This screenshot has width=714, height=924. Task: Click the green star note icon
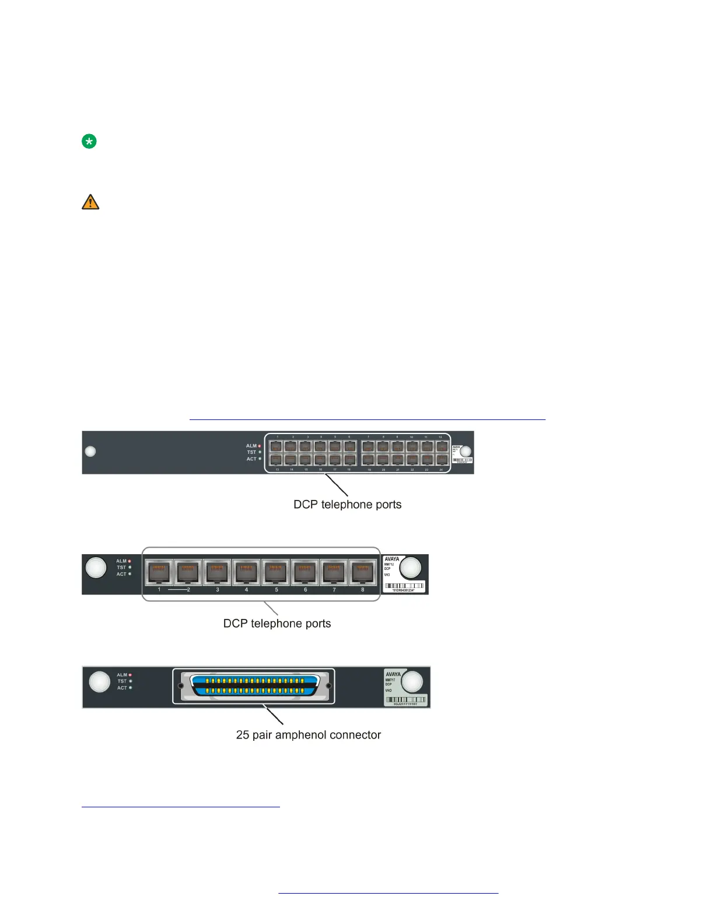pos(89,141)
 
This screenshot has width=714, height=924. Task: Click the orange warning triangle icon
pos(90,202)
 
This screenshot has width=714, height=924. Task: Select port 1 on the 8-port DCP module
pos(159,571)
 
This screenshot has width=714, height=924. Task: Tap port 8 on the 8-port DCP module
pos(363,571)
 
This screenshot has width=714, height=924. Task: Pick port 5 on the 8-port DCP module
pos(275,571)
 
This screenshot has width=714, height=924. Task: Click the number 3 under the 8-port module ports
pos(218,590)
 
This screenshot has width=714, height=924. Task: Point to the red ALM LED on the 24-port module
pos(260,446)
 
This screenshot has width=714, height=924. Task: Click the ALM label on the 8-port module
pos(121,561)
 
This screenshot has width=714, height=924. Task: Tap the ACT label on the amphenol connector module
pos(122,688)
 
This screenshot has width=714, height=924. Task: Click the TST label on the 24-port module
pos(251,452)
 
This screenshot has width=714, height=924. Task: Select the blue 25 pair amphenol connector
pos(255,686)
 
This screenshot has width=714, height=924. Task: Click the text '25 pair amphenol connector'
pos(308,735)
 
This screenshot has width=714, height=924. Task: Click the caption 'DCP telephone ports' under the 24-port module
pos(347,505)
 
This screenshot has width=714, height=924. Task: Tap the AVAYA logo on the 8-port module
pos(392,559)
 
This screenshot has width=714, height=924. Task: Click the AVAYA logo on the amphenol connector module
pos(393,674)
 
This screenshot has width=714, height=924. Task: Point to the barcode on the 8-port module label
pos(404,585)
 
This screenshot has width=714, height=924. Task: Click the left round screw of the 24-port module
pos(90,452)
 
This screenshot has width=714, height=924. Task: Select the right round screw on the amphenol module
pos(412,682)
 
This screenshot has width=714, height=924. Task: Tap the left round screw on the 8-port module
pos(96,567)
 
